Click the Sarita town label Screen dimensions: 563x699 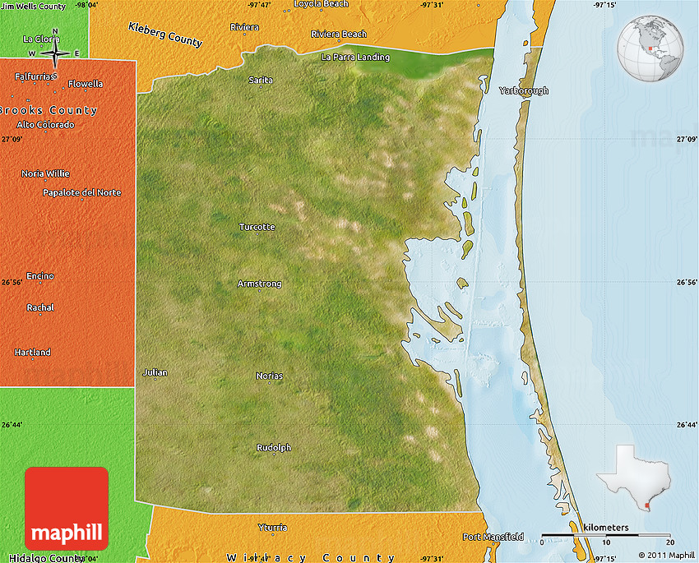(261, 80)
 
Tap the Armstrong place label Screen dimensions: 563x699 (259, 284)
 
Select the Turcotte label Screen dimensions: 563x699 (257, 227)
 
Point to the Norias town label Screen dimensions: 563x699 (269, 376)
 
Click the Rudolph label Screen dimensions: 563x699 (273, 448)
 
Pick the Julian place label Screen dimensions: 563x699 (155, 372)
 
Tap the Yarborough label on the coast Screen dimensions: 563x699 (523, 90)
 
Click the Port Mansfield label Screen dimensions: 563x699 (493, 537)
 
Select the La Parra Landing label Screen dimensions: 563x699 (355, 58)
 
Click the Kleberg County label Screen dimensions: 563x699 (165, 34)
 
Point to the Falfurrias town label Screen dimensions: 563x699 (35, 76)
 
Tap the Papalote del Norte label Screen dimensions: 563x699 (81, 192)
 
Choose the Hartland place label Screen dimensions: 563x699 (32, 352)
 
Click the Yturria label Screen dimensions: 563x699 (272, 527)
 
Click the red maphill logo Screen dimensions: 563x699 (67, 509)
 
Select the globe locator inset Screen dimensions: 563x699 (650, 48)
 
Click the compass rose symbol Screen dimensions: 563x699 (55, 54)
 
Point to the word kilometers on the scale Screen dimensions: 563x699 (605, 527)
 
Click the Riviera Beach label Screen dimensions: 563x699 (339, 34)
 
